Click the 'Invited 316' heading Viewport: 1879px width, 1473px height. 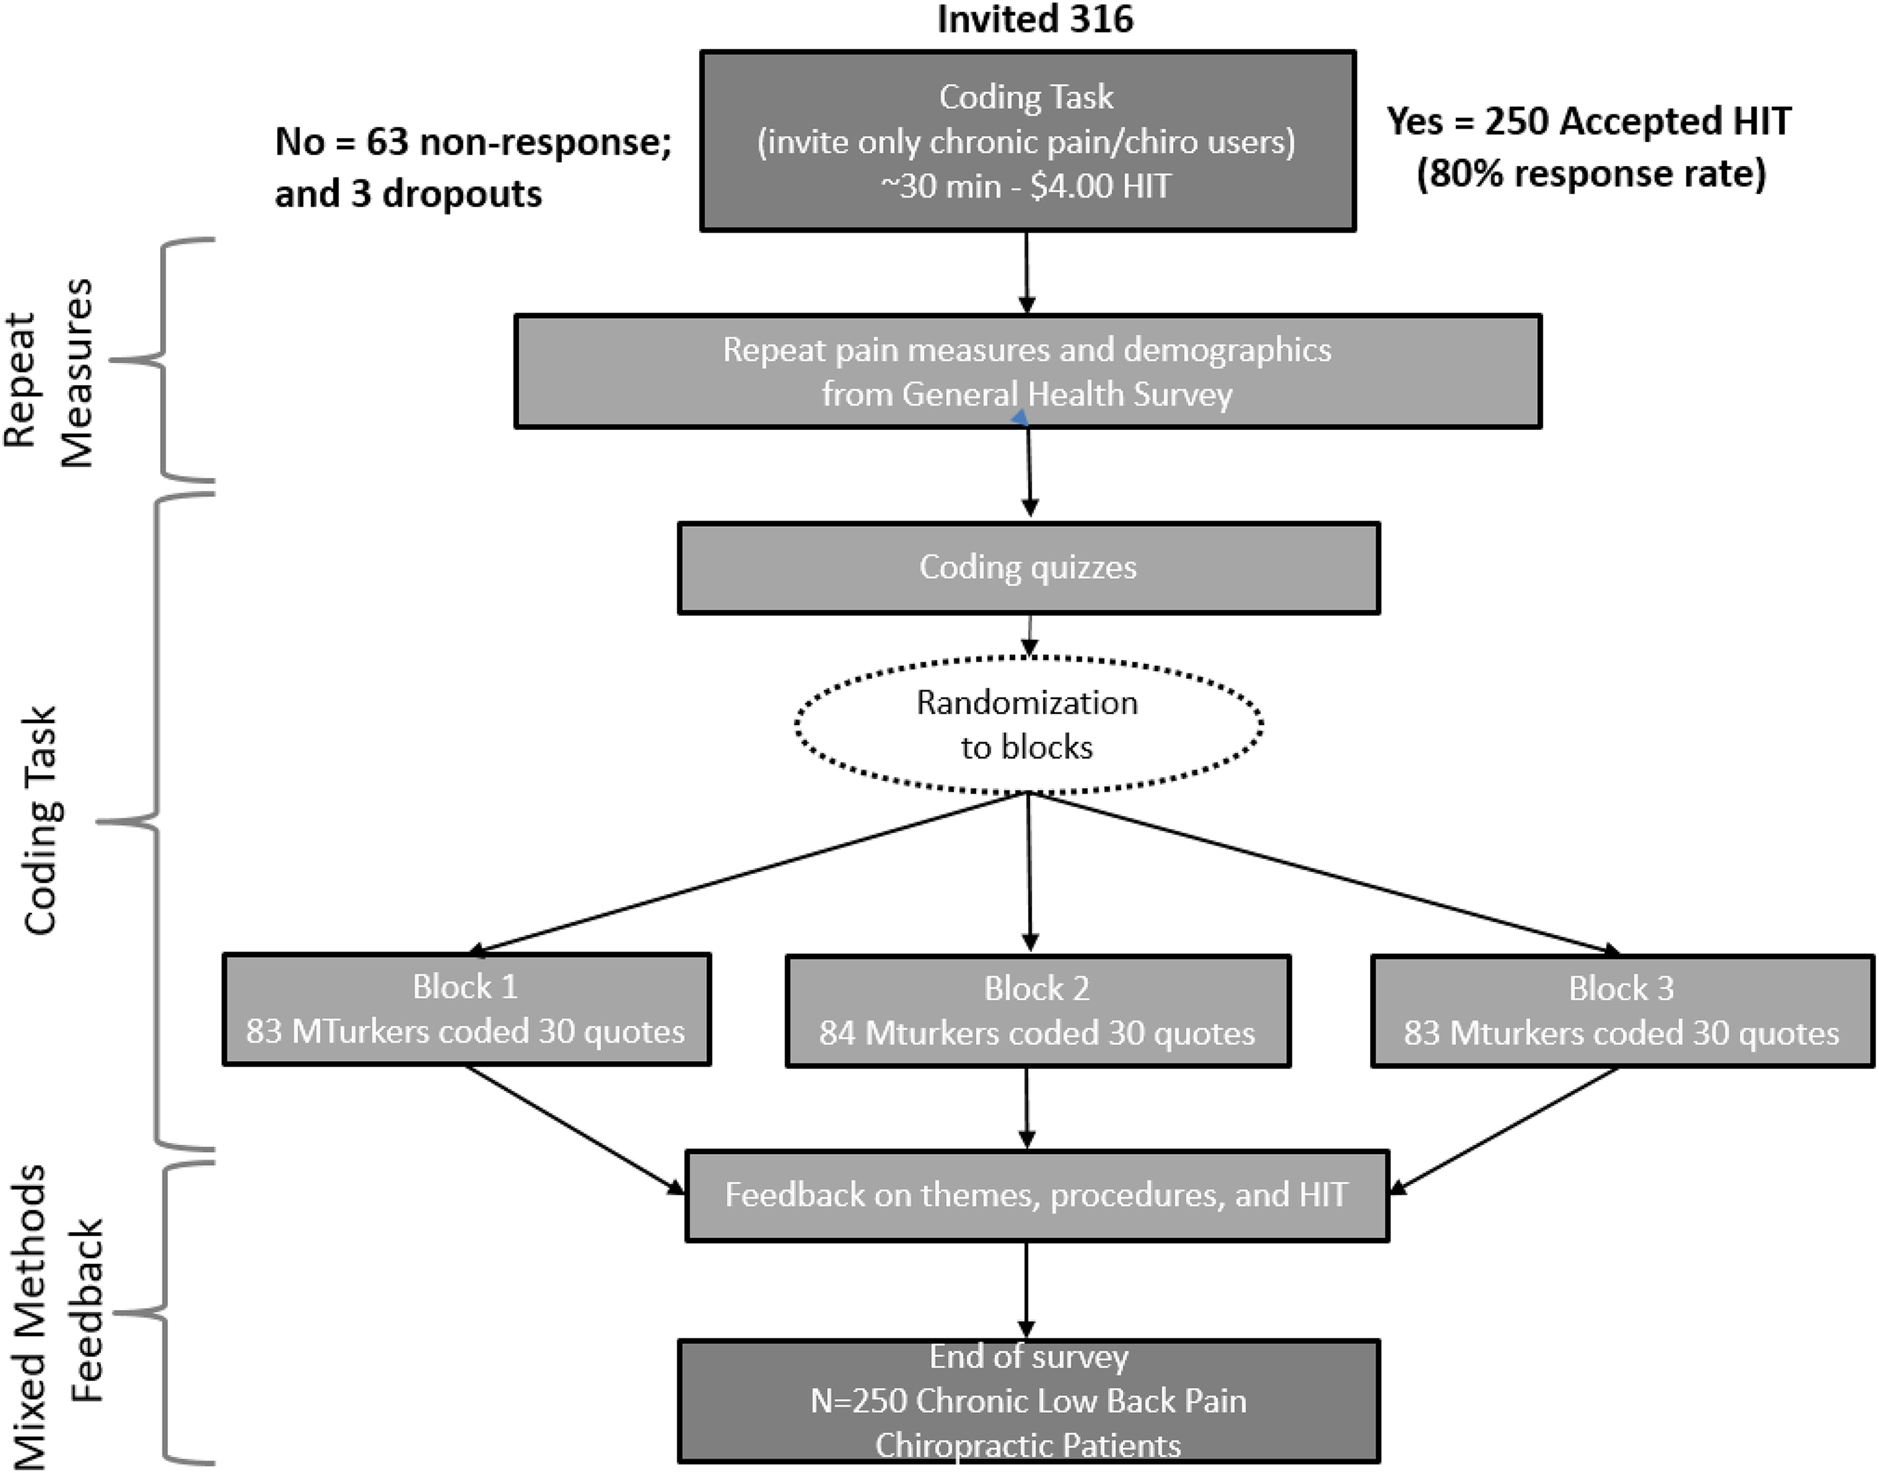(1035, 19)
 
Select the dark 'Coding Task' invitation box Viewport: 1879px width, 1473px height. (1028, 141)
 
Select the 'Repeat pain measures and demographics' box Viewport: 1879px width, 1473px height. (1028, 371)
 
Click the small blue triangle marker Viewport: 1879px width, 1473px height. (1020, 418)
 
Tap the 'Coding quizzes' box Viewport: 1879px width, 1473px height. (1028, 568)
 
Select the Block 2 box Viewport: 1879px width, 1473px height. (1037, 1011)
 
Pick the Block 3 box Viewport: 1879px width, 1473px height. (1622, 1011)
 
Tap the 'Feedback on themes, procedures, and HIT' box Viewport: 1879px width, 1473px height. (1036, 1195)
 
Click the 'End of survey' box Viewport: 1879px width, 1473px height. (1028, 1402)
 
